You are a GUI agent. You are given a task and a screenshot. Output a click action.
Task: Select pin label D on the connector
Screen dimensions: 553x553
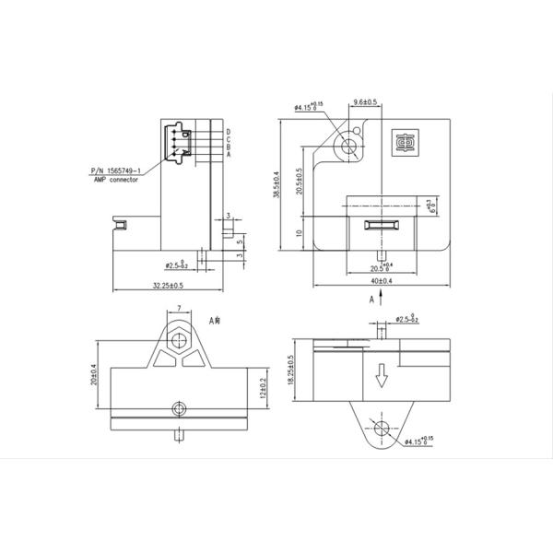[x=228, y=133]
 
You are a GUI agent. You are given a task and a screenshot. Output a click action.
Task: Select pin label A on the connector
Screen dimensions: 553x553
[x=228, y=156]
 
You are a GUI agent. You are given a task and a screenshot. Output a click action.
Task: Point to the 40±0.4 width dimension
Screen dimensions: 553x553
[x=380, y=280]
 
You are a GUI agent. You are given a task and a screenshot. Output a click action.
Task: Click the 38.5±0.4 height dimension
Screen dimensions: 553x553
[x=276, y=189]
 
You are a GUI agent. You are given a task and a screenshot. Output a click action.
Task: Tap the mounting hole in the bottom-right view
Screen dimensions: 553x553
[x=382, y=426]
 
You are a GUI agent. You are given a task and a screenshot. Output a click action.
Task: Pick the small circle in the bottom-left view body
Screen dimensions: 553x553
[x=178, y=407]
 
